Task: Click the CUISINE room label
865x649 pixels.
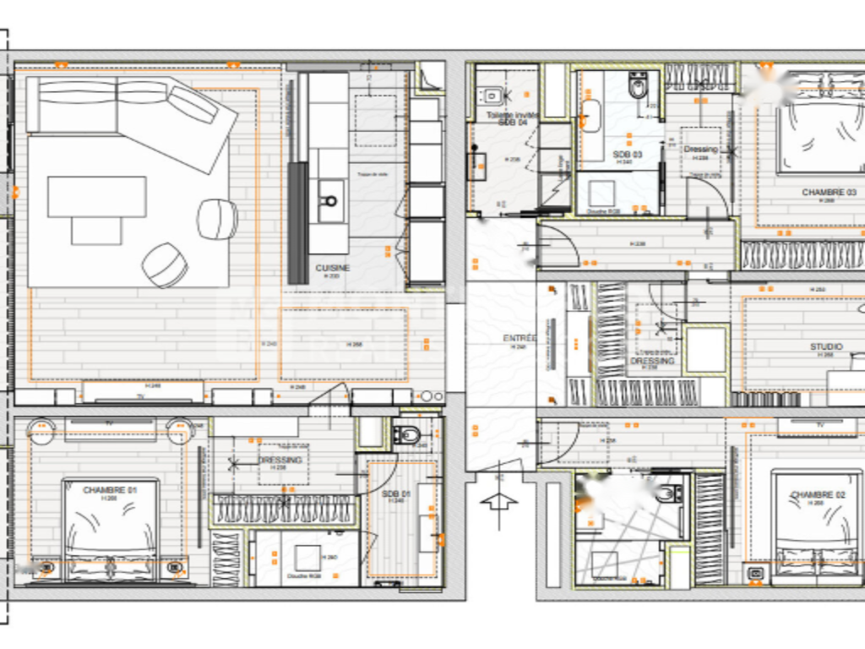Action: [x=332, y=268]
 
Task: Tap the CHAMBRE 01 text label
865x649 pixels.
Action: [x=110, y=490]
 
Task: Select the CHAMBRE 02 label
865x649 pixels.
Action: [x=818, y=495]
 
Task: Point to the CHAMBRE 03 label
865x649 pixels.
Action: [x=829, y=193]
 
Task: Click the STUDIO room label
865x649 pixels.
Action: [x=826, y=346]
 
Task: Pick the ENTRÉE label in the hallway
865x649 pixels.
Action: [x=519, y=339]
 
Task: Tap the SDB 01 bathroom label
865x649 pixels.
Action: [x=395, y=494]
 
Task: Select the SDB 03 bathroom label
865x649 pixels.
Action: [x=627, y=155]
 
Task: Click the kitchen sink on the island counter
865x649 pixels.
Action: [x=329, y=201]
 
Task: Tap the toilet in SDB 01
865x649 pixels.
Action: [x=408, y=435]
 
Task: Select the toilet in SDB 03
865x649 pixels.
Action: [x=639, y=85]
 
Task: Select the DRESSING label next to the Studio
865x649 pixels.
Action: [x=652, y=361]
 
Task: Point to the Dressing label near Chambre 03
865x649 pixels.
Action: [x=699, y=150]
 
